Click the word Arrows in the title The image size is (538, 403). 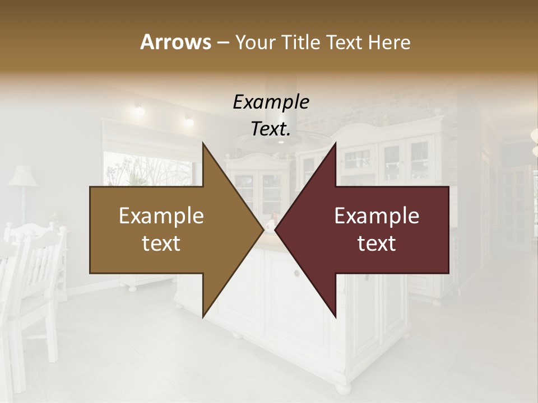tap(175, 42)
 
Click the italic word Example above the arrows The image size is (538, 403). tap(271, 102)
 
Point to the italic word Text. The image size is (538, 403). tap(271, 129)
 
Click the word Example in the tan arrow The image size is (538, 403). tap(161, 216)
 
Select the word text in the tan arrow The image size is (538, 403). tap(161, 243)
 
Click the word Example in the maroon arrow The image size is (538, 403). tap(377, 216)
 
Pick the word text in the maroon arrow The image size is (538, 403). tap(377, 243)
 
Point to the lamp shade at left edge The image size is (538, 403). tap(22, 176)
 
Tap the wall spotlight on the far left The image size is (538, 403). tap(138, 109)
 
